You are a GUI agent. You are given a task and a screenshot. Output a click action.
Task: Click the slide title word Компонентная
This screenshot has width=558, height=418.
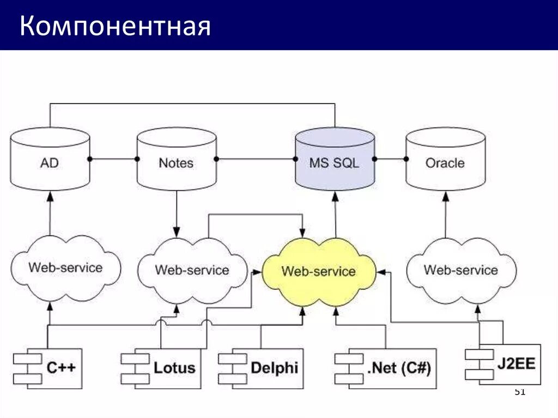coord(115,26)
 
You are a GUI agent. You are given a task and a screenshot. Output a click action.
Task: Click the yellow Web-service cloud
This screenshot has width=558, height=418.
coord(319,271)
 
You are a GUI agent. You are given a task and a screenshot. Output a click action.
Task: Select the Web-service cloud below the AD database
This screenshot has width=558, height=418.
coord(65,268)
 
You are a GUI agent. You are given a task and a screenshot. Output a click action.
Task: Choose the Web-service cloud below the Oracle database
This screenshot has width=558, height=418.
coord(461,270)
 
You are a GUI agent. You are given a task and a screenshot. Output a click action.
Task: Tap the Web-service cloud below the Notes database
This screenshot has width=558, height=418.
coord(192,270)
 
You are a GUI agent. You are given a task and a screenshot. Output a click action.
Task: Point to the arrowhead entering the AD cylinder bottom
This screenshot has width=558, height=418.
coord(50,195)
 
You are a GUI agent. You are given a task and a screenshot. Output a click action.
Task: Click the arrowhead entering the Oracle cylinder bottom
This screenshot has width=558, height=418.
coord(445,195)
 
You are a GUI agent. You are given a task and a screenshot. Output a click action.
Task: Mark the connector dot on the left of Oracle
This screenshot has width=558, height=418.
coord(406,159)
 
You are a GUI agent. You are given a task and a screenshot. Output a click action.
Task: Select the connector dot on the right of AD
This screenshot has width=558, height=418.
coord(90,159)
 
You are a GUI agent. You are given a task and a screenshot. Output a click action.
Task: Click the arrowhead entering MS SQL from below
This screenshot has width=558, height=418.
coord(334,195)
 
